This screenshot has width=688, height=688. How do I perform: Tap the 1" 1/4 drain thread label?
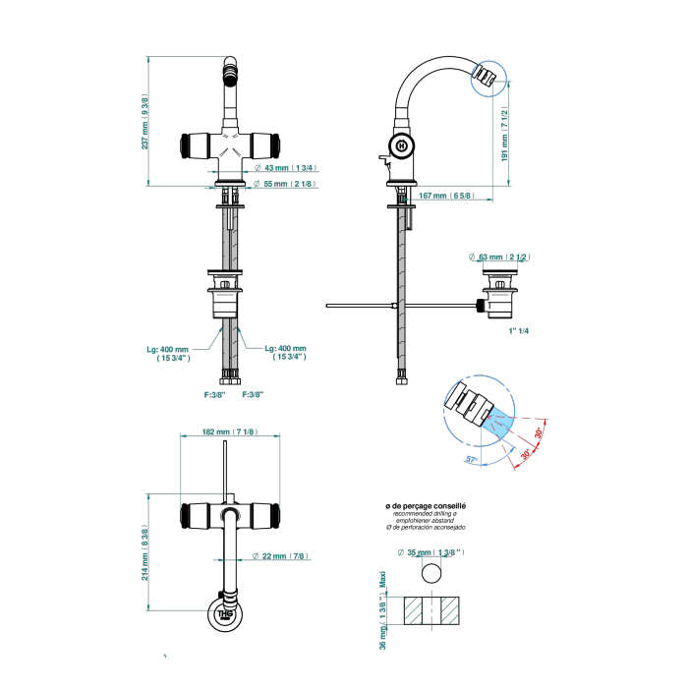point(518,331)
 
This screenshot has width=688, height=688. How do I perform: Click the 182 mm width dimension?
point(229,431)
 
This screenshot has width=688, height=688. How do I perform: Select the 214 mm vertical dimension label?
point(145,555)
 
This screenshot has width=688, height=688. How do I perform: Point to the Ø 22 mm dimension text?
point(279,556)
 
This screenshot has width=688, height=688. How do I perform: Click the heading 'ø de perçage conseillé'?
point(426,505)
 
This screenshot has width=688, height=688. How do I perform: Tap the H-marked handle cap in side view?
point(402,145)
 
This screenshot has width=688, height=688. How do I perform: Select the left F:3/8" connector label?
point(214,395)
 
